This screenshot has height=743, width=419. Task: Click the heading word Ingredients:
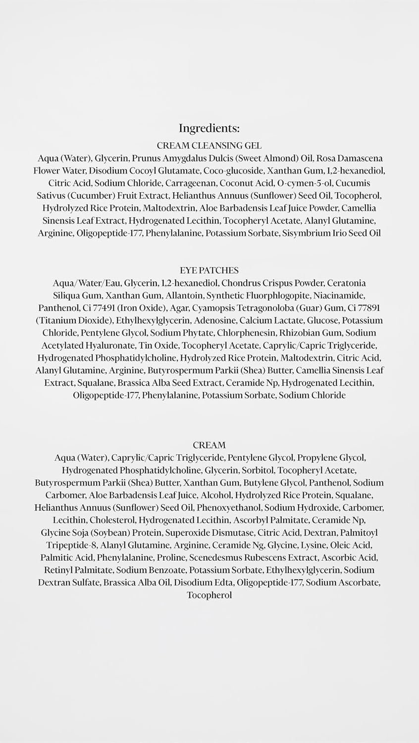click(209, 129)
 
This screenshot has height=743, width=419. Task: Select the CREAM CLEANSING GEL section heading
click(209, 146)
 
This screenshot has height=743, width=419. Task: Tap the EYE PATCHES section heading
click(209, 270)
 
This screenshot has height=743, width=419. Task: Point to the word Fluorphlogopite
click(267, 296)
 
